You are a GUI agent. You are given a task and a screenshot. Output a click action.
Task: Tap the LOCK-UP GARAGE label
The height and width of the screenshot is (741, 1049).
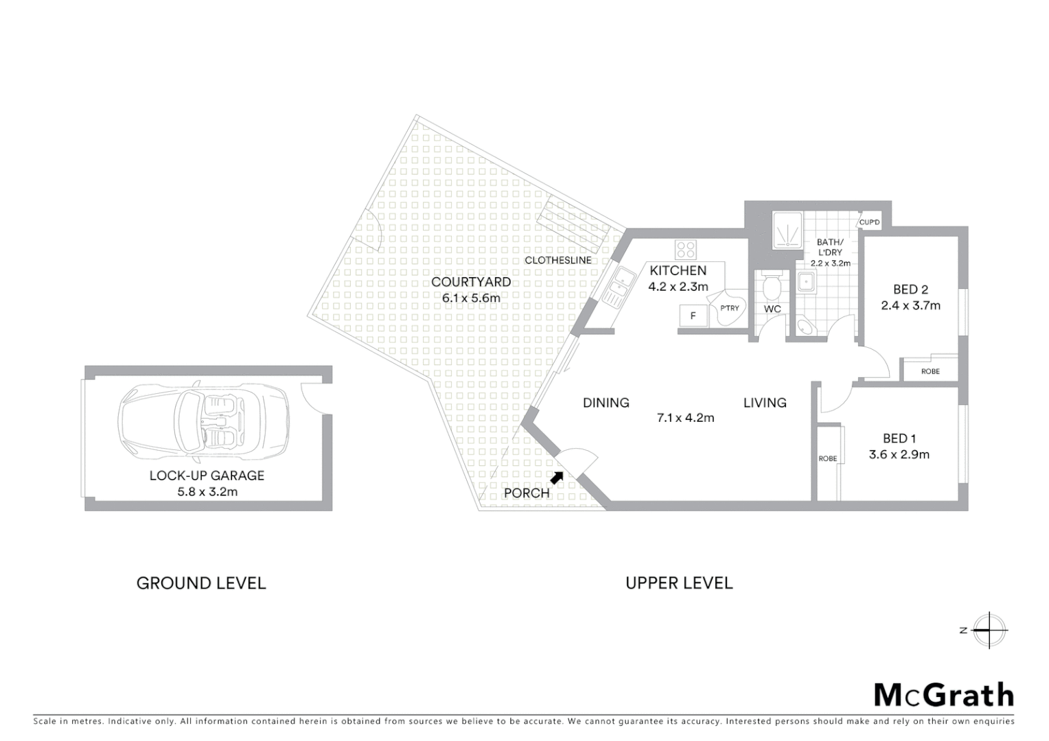pyautogui.click(x=207, y=475)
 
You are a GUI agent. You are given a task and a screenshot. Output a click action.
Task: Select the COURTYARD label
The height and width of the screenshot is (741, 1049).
pyautogui.click(x=471, y=282)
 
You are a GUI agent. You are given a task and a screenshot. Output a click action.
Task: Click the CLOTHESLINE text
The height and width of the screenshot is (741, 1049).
pyautogui.click(x=557, y=261)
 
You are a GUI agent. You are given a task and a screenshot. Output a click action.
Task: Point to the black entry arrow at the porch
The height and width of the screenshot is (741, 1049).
pyautogui.click(x=557, y=478)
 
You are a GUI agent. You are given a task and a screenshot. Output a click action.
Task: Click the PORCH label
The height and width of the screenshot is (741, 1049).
pyautogui.click(x=527, y=493)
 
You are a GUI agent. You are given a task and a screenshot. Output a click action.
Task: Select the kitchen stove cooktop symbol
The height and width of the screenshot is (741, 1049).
pyautogui.click(x=685, y=248)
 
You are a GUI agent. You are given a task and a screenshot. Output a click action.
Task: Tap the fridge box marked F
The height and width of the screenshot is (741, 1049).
pyautogui.click(x=693, y=316)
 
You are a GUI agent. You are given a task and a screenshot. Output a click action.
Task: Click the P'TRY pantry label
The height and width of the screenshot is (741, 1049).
pyautogui.click(x=730, y=308)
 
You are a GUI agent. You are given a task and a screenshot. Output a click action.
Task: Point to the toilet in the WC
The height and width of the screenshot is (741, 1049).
pyautogui.click(x=772, y=285)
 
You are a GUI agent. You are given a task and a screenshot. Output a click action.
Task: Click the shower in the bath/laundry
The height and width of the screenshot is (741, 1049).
pyautogui.click(x=786, y=229)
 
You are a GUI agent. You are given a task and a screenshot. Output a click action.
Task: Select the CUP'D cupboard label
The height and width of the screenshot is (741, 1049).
pyautogui.click(x=869, y=222)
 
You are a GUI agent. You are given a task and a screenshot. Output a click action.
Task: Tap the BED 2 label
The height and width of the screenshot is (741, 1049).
pyautogui.click(x=910, y=290)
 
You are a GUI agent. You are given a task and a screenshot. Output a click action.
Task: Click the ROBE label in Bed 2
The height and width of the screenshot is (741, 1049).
pyautogui.click(x=930, y=371)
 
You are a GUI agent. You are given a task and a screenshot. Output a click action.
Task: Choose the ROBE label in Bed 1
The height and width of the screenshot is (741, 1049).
pyautogui.click(x=828, y=458)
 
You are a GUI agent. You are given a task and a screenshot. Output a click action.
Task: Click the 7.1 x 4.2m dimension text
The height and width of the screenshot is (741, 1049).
pyautogui.click(x=685, y=418)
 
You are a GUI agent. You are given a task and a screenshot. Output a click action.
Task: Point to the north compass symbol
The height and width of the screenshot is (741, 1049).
pyautogui.click(x=989, y=630)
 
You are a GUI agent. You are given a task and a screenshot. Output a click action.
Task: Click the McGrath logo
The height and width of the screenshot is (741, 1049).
pyautogui.click(x=943, y=695)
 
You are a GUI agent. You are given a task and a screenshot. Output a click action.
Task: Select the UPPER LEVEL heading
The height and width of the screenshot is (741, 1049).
pyautogui.click(x=679, y=583)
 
